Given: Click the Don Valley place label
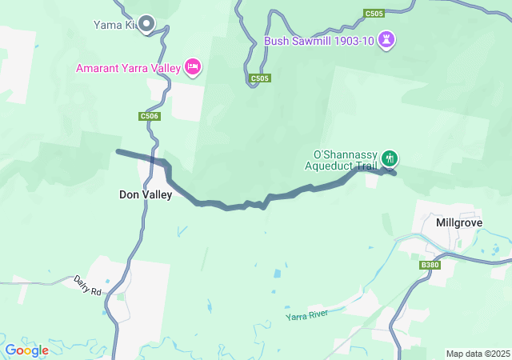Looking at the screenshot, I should coord(145,194).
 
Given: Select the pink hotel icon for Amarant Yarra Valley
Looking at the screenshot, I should coord(192,68).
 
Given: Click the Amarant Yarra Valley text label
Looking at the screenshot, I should coord(128,69).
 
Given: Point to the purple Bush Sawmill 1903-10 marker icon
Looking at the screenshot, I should coord(387,39).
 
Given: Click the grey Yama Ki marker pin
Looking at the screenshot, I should coord(146,24).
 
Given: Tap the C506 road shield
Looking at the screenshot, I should coord(150,116).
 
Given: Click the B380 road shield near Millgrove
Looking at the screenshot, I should coord(430,265).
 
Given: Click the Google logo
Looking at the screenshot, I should coord(26,350).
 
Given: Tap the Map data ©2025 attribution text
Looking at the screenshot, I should coord(477,354).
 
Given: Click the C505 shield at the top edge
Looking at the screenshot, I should coord(373,14).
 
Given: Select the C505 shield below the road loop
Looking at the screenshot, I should coord(259,78).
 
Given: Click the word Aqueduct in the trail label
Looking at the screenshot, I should coord(329,166).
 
